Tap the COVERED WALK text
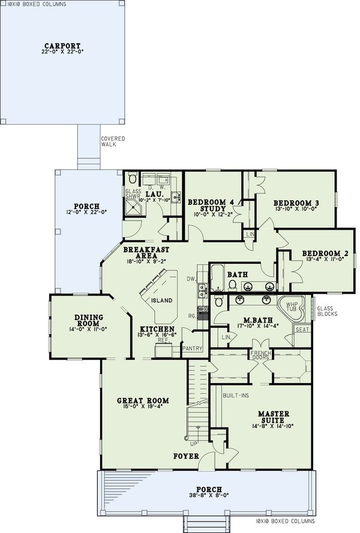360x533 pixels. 113,141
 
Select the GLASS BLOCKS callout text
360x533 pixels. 327,311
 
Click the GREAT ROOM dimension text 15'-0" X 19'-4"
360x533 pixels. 142,408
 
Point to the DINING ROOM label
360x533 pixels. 89,320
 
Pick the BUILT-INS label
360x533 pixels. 233,397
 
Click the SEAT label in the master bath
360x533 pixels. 302,329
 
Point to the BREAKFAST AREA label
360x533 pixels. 146,252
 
